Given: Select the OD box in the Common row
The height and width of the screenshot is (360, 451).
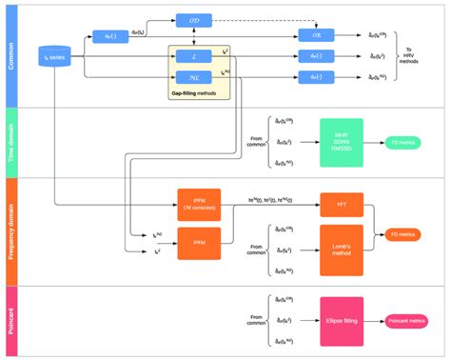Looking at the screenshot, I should pos(193,19).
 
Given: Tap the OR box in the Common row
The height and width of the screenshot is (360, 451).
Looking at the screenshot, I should pos(316,35).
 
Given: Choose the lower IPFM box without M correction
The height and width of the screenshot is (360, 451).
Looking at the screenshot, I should pos(199,243).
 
